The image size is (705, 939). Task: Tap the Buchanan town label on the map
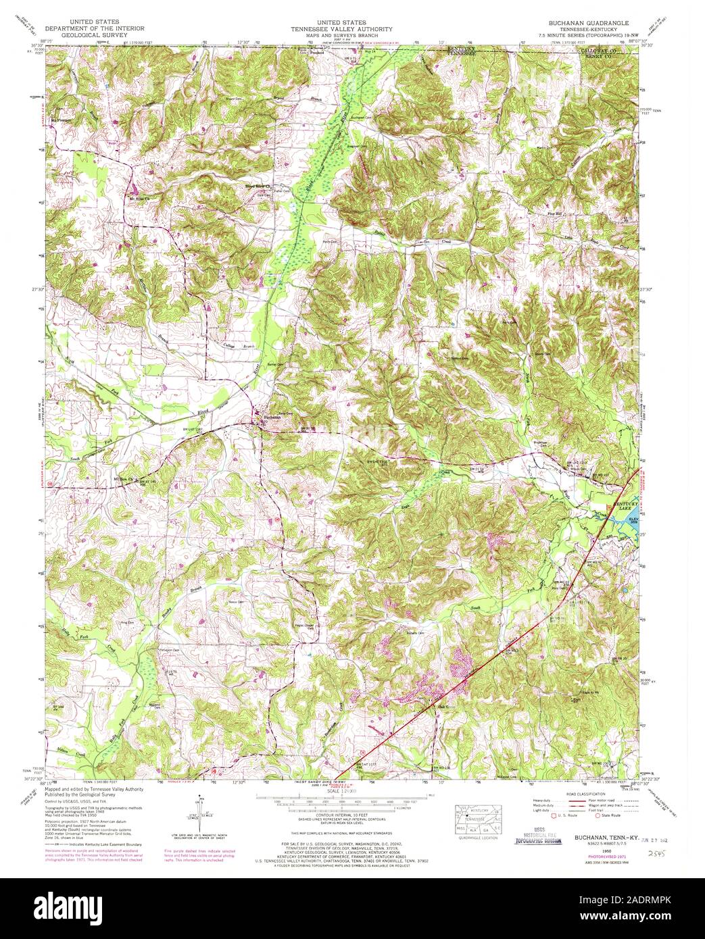click(270, 417)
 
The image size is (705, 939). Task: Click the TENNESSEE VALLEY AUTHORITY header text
click(347, 29)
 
